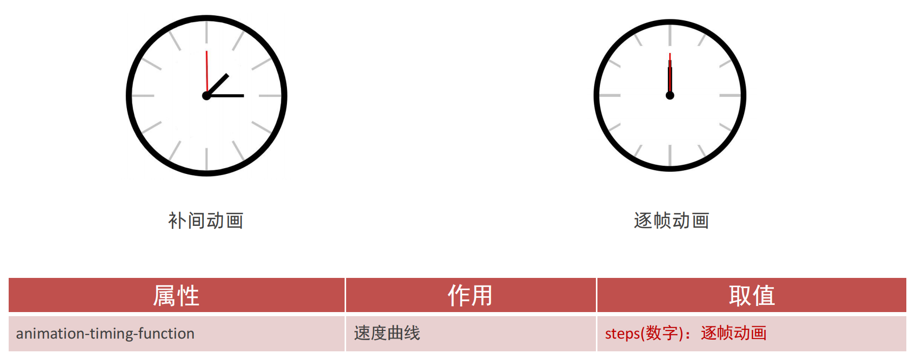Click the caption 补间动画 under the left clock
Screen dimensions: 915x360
click(x=205, y=221)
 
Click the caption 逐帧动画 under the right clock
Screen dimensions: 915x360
click(x=671, y=221)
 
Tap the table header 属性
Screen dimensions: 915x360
click(x=176, y=296)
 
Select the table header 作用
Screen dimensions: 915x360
click(x=470, y=296)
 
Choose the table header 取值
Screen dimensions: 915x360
click(x=751, y=296)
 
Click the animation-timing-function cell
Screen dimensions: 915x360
click(x=106, y=333)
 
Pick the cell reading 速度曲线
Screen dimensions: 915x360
click(x=387, y=333)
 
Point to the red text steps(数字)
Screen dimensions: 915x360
click(x=644, y=333)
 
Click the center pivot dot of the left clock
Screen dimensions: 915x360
click(x=206, y=96)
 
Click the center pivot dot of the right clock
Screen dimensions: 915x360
click(x=670, y=95)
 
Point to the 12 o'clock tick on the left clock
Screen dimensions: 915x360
click(x=206, y=32)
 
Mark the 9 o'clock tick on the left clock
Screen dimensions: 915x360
click(x=143, y=95)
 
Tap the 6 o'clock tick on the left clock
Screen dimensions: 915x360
click(x=206, y=159)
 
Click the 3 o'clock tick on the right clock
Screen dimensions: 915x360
click(x=729, y=95)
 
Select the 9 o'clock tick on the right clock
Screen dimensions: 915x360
click(x=610, y=95)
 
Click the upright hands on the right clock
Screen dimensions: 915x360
click(x=670, y=76)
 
